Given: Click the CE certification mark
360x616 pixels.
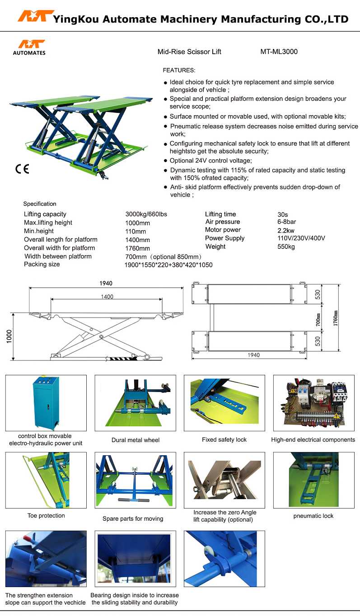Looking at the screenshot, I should point(22,169).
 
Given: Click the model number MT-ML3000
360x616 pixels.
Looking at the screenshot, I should point(279,51).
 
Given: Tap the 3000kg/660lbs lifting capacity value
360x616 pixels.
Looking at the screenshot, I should point(146,214).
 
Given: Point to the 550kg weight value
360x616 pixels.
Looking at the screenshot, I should point(286,247).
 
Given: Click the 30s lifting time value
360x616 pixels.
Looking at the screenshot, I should point(283,215).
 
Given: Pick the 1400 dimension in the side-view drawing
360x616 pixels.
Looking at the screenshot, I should point(107,297).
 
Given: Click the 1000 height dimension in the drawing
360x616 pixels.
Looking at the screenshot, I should point(9,336).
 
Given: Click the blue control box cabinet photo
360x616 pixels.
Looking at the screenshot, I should point(46,403).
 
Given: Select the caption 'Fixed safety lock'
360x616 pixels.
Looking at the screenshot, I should point(224,439).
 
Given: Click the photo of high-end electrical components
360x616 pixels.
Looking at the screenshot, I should point(313,403).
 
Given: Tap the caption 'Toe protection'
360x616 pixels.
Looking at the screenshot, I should point(46,515).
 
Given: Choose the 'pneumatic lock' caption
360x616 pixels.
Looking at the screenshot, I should point(313,516).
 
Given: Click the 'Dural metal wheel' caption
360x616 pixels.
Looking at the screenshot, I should point(136,440).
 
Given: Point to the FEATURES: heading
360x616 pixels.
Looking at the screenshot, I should point(179,70).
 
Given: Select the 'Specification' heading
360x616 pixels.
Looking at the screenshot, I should point(40,204).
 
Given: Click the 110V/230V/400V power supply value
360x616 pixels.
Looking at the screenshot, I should point(301,238).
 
